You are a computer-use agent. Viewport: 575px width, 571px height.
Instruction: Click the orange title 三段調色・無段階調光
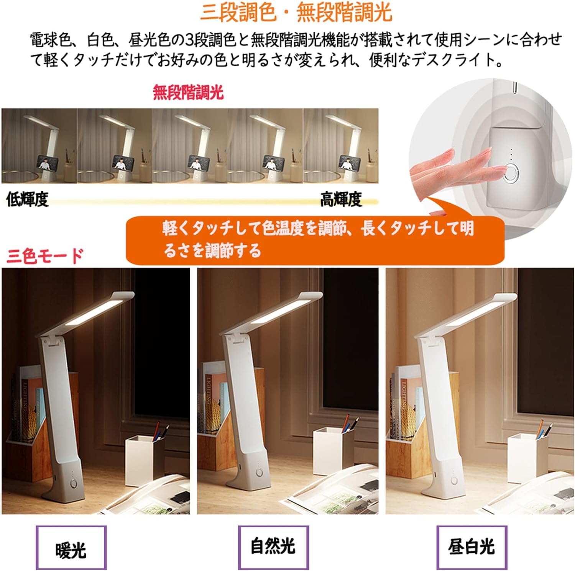click(x=296, y=13)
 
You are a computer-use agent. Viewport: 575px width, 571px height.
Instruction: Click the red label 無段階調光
click(x=188, y=92)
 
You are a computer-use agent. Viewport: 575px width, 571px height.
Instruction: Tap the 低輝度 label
click(x=27, y=200)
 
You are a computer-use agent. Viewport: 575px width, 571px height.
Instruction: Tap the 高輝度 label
click(x=341, y=199)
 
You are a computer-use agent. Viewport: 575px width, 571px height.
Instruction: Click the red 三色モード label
click(x=45, y=255)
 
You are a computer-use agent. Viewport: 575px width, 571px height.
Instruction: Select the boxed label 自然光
click(x=273, y=546)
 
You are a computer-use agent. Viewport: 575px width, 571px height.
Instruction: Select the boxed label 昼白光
click(x=472, y=547)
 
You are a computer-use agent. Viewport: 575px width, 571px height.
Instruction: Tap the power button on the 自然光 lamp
click(x=260, y=473)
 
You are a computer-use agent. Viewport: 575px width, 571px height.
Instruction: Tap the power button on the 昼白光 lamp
click(x=455, y=480)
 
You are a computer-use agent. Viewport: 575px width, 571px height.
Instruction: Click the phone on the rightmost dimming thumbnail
click(x=347, y=162)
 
